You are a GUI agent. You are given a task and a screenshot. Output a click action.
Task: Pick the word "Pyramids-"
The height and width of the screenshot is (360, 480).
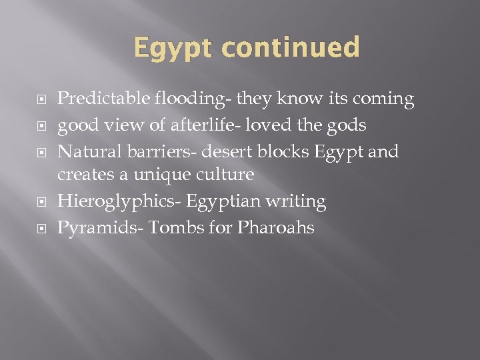[x=100, y=228]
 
